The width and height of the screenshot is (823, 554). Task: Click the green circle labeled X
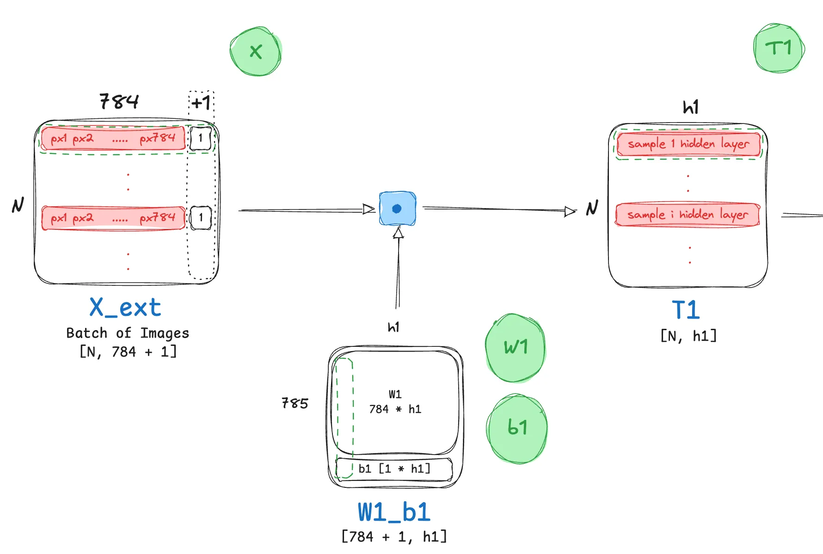tap(256, 51)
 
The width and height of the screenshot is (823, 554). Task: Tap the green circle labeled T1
tap(779, 48)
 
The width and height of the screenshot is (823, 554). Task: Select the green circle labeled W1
tap(515, 348)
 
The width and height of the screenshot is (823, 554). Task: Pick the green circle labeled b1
tap(517, 428)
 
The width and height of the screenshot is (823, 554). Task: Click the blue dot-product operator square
tap(397, 209)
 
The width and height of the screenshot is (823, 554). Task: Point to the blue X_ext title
tap(125, 308)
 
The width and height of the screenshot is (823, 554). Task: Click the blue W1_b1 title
tap(394, 512)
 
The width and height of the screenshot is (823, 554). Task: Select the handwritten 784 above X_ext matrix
tap(119, 101)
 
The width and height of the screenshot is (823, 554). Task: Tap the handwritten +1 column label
tap(201, 102)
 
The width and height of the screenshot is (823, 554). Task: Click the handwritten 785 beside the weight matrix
tap(295, 403)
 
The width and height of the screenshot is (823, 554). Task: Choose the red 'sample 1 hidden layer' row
tap(688, 144)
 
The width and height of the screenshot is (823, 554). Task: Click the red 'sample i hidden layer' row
tap(688, 215)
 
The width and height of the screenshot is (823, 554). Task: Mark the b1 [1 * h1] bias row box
tap(394, 469)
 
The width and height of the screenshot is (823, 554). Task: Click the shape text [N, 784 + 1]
tap(128, 352)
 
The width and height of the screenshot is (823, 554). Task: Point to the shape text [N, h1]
tap(688, 336)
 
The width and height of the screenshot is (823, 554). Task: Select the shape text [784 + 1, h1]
tap(394, 536)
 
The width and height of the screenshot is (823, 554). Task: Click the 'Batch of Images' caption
tap(128, 333)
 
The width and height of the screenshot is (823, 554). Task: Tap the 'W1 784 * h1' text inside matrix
tap(395, 402)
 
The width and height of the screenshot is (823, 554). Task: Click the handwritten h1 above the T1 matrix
tap(691, 107)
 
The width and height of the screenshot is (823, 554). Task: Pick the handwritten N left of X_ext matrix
tap(18, 205)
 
